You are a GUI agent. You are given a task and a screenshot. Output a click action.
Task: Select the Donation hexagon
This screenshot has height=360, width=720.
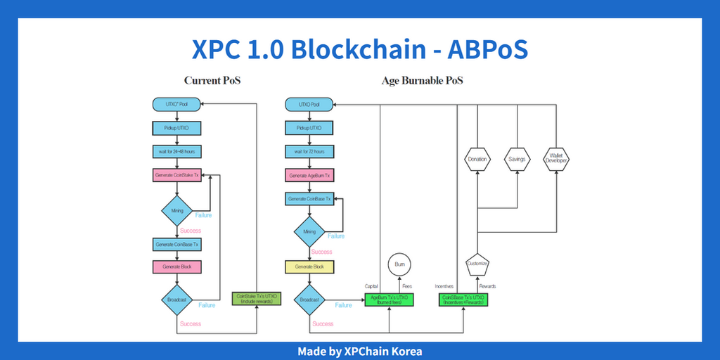coord(477,159)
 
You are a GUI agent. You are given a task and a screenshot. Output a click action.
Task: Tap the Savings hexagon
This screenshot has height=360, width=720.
coord(517,159)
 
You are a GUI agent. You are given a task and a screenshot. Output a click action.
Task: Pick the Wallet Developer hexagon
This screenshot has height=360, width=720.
coord(557,159)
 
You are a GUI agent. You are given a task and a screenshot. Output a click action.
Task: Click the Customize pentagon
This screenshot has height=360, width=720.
coord(477,265)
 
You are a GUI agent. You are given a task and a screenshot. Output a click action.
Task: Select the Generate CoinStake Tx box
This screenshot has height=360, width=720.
coord(177,175)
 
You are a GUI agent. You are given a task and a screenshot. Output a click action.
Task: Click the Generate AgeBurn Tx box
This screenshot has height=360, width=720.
coord(309,175)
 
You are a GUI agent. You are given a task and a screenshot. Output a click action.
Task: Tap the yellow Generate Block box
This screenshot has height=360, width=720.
coord(309,267)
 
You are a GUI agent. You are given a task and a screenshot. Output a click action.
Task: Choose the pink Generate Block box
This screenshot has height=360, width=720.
coord(177,267)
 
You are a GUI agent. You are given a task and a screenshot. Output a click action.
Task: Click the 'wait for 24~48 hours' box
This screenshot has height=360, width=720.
coord(177,152)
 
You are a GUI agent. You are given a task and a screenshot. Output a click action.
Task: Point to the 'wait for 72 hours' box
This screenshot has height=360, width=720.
coord(309,152)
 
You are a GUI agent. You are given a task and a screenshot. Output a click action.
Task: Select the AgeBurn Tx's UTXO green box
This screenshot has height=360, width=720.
coord(389,300)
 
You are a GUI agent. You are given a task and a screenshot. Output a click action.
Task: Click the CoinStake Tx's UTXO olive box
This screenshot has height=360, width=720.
coord(257,300)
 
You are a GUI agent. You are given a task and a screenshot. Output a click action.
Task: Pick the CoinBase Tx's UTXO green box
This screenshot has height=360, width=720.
coord(465,300)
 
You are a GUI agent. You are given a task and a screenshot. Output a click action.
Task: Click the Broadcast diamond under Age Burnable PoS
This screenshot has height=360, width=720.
coord(309,300)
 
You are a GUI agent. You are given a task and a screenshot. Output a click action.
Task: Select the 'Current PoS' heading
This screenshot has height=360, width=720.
coord(212,81)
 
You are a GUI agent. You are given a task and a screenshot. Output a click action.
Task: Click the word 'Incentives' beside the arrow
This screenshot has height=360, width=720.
coord(444,286)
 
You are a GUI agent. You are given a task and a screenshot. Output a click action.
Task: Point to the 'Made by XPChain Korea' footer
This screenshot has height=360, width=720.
coord(359,351)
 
